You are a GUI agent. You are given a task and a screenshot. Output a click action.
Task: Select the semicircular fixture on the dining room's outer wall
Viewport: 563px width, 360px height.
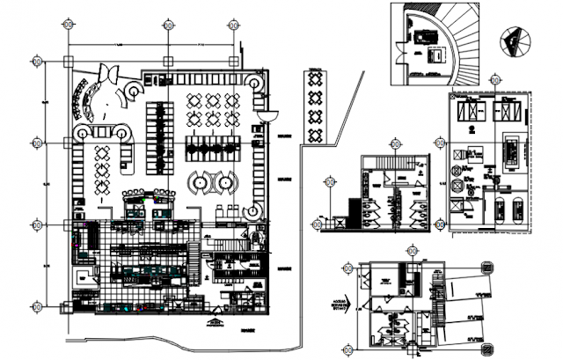270,113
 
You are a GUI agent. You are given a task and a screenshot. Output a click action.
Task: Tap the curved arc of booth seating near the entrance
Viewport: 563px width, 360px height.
89,102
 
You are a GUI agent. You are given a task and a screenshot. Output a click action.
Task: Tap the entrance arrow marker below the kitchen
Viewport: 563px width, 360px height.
214,324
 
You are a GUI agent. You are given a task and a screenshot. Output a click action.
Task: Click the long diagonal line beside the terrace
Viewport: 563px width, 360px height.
335,115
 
